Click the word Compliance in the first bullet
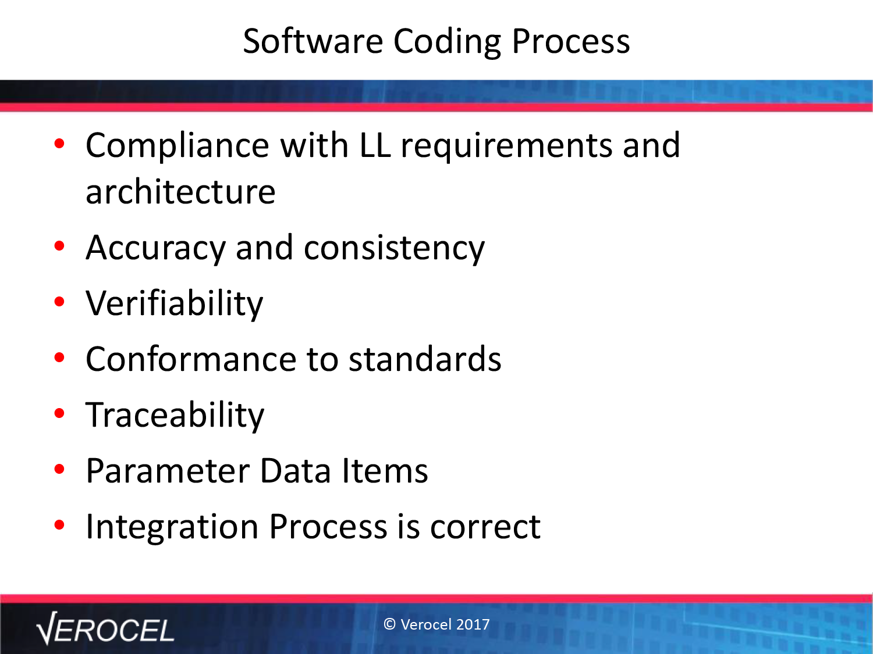click(x=178, y=146)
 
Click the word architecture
click(x=180, y=192)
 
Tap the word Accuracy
click(x=156, y=249)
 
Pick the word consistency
click(x=394, y=249)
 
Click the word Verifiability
click(x=175, y=304)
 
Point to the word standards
click(x=425, y=358)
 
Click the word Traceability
click(x=175, y=415)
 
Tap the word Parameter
click(x=168, y=471)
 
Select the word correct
click(x=485, y=528)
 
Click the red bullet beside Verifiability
click(x=59, y=302)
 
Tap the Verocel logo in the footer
click(x=105, y=628)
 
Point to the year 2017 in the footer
click(x=473, y=624)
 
